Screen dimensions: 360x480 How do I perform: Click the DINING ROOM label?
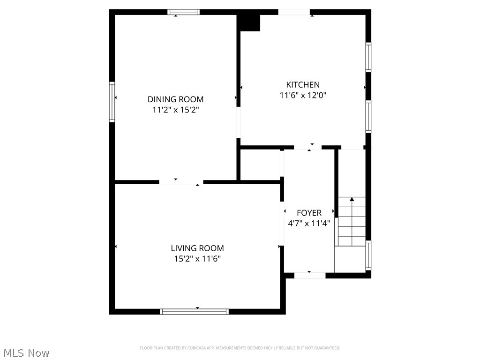tap(175, 99)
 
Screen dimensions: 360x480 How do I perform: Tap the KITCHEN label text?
tap(303, 85)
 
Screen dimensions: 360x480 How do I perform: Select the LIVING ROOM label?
tap(197, 248)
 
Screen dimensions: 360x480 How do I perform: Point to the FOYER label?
tap(309, 213)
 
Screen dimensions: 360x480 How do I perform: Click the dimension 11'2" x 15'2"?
tap(175, 110)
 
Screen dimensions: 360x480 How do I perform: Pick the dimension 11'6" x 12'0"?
tap(303, 96)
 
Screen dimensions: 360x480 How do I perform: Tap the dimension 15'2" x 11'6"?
tap(197, 259)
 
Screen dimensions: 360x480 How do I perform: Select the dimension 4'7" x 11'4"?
tap(309, 224)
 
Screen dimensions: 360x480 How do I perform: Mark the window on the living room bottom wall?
tap(195, 311)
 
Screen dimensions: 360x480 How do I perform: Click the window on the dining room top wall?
tap(184, 12)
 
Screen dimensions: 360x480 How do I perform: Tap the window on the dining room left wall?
tap(112, 102)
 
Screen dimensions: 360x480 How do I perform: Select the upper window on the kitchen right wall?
tap(368, 57)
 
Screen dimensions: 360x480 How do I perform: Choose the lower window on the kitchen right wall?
tap(368, 117)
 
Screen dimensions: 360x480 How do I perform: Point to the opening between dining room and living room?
tap(181, 181)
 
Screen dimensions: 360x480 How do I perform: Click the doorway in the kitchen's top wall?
tap(294, 12)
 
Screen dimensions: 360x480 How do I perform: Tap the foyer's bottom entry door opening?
tap(310, 275)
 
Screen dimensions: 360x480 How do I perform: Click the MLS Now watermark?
tap(26, 352)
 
